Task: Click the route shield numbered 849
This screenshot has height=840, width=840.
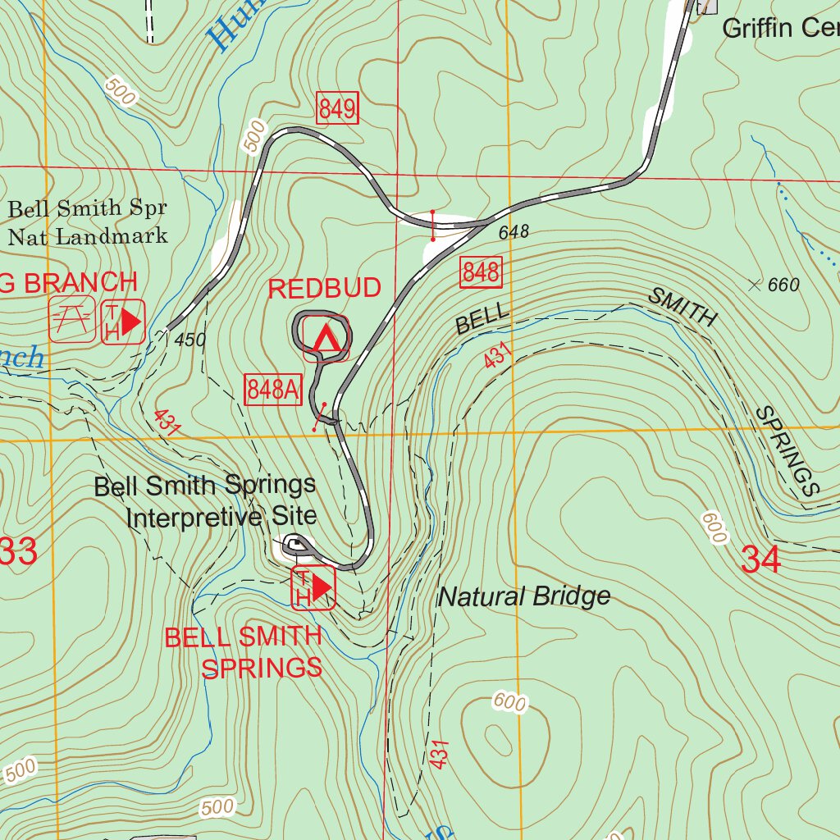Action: coord(337,108)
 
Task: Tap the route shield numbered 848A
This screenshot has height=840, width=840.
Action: coord(273,390)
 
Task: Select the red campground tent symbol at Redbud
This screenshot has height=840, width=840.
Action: coord(326,337)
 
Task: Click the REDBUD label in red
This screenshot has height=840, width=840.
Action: coord(325,288)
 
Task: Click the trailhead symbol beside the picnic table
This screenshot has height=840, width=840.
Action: coord(123,320)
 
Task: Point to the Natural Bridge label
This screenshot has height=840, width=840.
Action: coord(524,596)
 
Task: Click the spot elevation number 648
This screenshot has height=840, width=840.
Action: coord(514,233)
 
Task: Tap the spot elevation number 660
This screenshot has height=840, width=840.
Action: coord(783,285)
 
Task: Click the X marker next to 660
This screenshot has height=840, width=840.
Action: coord(755,285)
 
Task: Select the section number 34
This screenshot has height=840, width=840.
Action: coord(760,559)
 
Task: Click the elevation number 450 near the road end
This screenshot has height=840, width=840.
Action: coord(190,340)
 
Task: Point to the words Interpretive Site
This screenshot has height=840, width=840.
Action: coord(221,517)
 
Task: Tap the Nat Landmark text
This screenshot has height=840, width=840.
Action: coord(87,237)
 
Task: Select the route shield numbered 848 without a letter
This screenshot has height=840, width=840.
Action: coord(481,272)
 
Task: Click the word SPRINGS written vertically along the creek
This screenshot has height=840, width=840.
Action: coord(787,451)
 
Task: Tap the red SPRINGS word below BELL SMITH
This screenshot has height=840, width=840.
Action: coord(262,668)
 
